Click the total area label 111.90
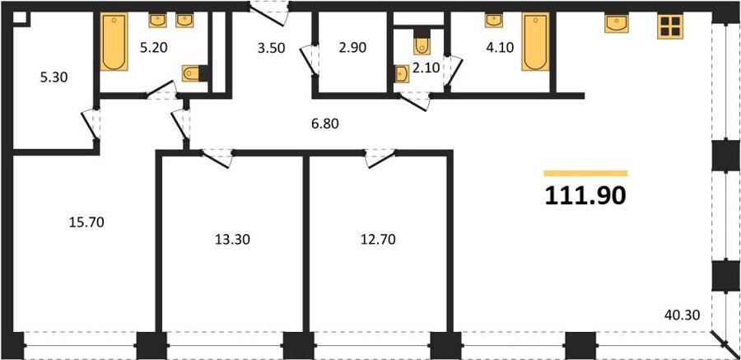point(585,195)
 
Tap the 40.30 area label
point(682,314)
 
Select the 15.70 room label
point(86,222)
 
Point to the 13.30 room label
point(232,240)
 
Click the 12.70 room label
point(378,240)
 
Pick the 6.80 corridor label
point(325,124)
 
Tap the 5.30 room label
point(54,77)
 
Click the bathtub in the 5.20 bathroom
point(114,42)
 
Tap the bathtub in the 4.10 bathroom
point(535,42)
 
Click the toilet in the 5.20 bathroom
point(194,73)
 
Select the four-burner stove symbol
point(670,26)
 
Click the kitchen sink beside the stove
point(617,23)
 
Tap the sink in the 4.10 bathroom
point(494,21)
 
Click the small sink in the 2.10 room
point(402,74)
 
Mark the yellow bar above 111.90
point(586,173)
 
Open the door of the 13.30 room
point(217,158)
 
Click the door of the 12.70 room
point(380,158)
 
